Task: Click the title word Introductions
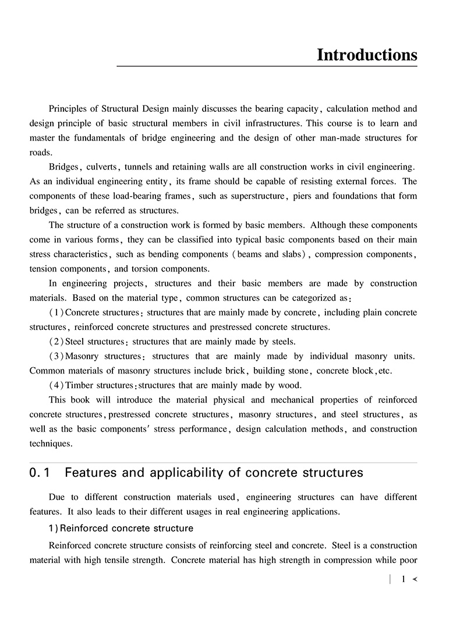[367, 55]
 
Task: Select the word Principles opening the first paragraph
[69, 109]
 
